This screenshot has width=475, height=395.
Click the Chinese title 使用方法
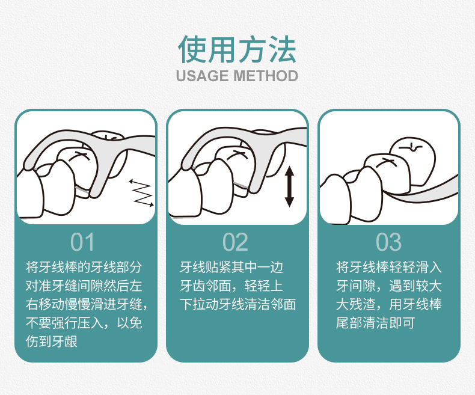(x=237, y=49)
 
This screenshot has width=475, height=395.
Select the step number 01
(x=82, y=242)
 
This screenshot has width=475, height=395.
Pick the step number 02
(x=235, y=242)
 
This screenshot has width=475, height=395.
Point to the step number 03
(x=388, y=242)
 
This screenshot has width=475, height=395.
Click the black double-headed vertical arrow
(x=290, y=186)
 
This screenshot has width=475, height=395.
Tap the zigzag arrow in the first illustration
(x=141, y=193)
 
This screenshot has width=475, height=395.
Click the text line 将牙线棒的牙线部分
(x=84, y=267)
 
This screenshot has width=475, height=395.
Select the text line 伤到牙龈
(x=52, y=341)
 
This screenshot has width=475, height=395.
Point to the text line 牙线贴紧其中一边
(x=231, y=267)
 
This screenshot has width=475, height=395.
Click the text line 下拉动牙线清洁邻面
(x=238, y=304)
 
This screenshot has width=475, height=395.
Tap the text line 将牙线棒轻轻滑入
(x=389, y=267)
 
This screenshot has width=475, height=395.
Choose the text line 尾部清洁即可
(x=375, y=323)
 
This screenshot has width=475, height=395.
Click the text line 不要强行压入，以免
(x=84, y=323)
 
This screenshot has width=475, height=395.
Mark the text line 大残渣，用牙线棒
(x=389, y=304)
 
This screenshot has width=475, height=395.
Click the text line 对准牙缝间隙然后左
(x=84, y=286)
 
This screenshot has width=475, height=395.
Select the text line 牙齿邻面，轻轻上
(x=231, y=286)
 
